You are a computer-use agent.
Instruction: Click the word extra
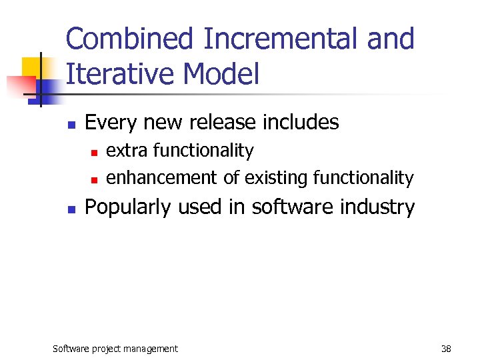[127, 151]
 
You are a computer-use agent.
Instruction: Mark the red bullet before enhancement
[94, 179]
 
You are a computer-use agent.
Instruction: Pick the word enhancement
[161, 178]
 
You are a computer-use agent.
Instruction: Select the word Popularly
[128, 208]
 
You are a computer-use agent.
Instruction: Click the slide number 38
[446, 349]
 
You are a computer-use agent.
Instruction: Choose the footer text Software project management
[115, 349]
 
